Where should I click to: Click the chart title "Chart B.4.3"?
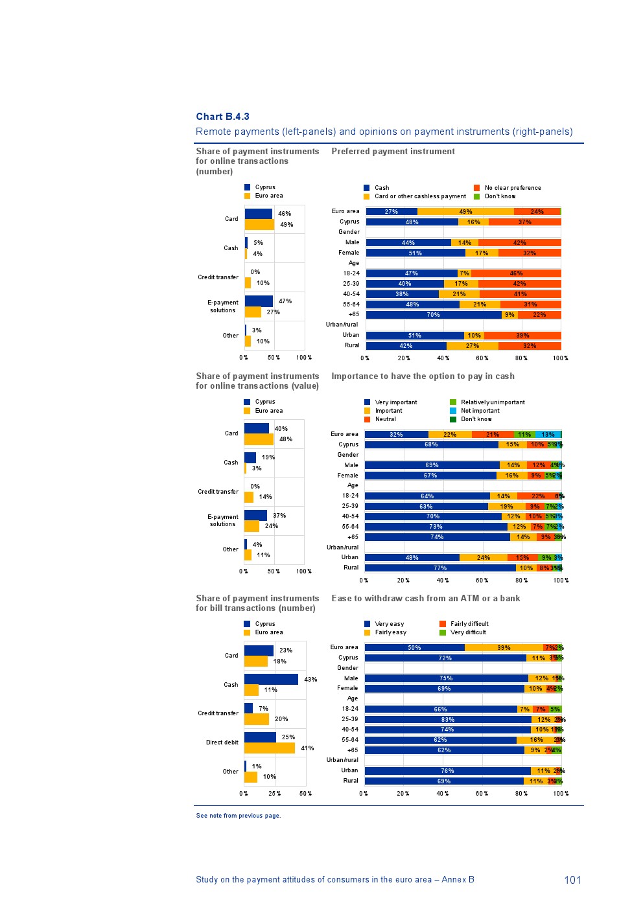pyautogui.click(x=222, y=117)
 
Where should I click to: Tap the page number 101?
pyautogui.click(x=572, y=880)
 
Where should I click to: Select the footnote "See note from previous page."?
pyautogui.click(x=238, y=816)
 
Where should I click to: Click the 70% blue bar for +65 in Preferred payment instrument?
pyautogui.click(x=433, y=315)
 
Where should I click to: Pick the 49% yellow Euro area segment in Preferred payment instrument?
pyautogui.click(x=465, y=212)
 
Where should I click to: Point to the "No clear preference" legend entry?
pyautogui.click(x=512, y=188)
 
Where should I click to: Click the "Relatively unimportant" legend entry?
pyautogui.click(x=492, y=402)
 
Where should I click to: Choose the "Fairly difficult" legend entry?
pyautogui.click(x=469, y=624)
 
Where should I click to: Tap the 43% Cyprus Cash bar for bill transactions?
pyautogui.click(x=271, y=679)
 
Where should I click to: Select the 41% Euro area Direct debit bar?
pyautogui.click(x=269, y=748)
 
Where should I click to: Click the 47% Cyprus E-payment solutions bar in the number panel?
pyautogui.click(x=259, y=301)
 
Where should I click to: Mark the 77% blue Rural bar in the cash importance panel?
pyautogui.click(x=440, y=568)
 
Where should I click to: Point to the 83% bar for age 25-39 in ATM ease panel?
pyautogui.click(x=447, y=719)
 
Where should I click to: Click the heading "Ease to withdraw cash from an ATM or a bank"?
pyautogui.click(x=425, y=598)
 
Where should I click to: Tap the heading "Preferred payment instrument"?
pyautogui.click(x=393, y=152)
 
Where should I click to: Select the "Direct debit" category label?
pyautogui.click(x=222, y=742)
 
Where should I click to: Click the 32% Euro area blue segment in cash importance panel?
pyautogui.click(x=396, y=435)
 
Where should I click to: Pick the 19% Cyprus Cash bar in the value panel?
pyautogui.click(x=250, y=457)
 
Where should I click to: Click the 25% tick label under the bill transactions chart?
pyautogui.click(x=275, y=794)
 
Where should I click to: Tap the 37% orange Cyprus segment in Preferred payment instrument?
pyautogui.click(x=524, y=222)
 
